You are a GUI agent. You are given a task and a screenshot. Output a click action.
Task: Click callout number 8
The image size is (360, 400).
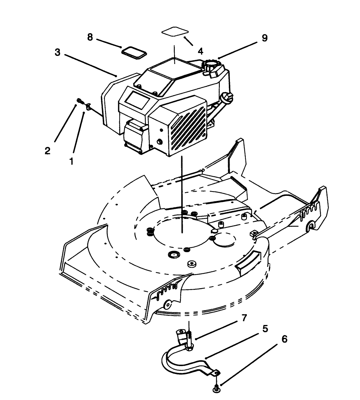[90, 37]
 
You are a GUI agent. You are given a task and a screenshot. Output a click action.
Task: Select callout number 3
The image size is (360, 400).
[58, 52]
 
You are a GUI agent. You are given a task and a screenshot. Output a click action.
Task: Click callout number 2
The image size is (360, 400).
[48, 151]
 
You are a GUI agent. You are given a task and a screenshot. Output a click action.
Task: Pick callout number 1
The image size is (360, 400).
[71, 161]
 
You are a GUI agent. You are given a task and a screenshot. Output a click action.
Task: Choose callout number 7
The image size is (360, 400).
[244, 318]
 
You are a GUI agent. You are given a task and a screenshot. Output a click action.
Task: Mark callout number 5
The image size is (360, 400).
[265, 329]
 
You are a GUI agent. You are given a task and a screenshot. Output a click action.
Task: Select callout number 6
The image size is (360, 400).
[284, 340]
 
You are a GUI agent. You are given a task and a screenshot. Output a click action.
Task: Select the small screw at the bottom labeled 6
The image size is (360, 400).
[216, 388]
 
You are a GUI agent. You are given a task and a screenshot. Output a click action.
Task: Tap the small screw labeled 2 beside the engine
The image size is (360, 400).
[79, 101]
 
